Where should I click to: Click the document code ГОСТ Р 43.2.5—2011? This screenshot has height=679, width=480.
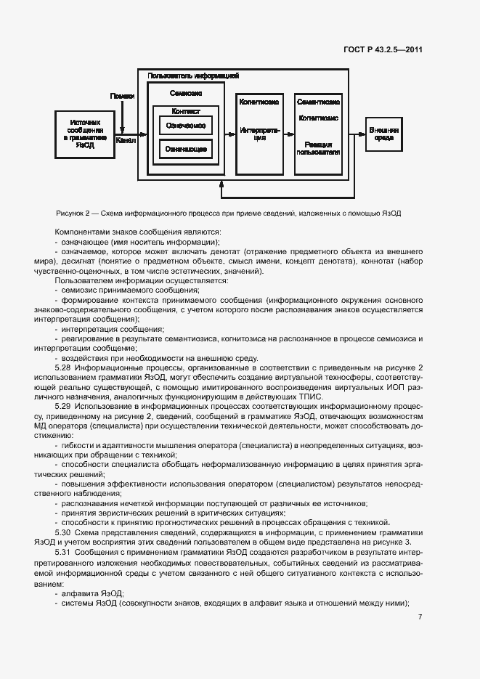[x=383, y=50]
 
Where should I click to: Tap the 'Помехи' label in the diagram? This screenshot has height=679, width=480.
[x=122, y=96]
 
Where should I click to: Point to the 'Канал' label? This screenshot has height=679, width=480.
[x=125, y=141]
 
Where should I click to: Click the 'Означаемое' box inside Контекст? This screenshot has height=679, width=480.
[x=185, y=125]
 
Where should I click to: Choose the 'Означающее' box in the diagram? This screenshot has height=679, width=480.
[x=185, y=150]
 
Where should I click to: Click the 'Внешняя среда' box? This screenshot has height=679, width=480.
[x=383, y=133]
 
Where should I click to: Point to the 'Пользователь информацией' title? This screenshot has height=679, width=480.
[x=193, y=76]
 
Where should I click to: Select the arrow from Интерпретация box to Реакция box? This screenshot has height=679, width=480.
[x=288, y=134]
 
